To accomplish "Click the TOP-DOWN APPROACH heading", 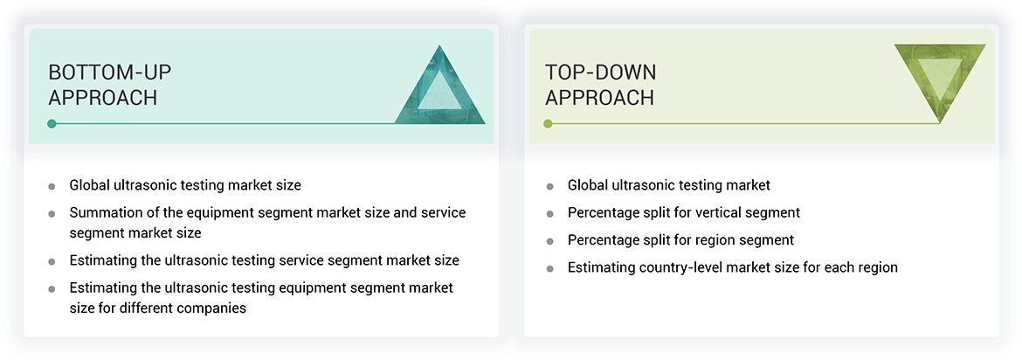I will (600, 85).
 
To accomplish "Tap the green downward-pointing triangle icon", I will (940, 83).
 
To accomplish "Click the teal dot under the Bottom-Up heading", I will (52, 123).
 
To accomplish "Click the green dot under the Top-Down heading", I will (548, 123).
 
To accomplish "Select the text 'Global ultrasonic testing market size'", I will (185, 185).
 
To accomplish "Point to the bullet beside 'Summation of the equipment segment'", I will (52, 213).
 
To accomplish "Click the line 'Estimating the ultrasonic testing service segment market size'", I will (264, 260).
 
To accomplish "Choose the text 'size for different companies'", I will (158, 308).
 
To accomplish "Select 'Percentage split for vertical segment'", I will (684, 212).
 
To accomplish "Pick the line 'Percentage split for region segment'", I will (680, 239).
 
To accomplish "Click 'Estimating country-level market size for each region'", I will (732, 267).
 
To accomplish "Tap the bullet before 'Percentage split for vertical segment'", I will (549, 213).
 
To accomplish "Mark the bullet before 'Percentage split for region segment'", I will (549, 240).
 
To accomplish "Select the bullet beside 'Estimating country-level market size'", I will (549, 268).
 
